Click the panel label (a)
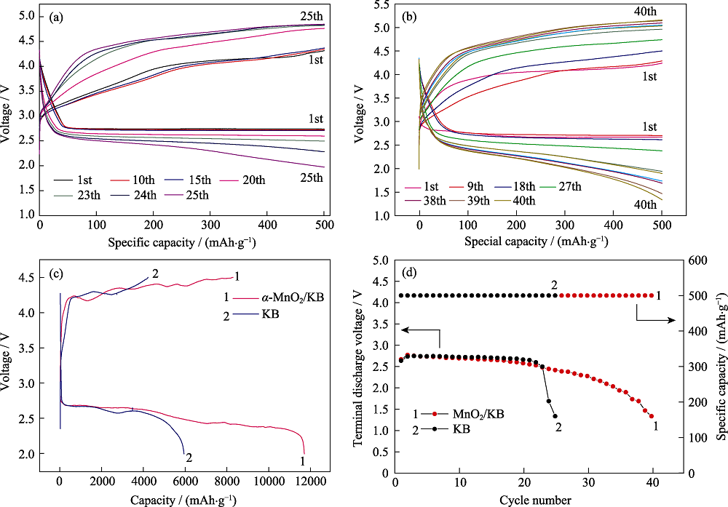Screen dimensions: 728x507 click(x=57, y=18)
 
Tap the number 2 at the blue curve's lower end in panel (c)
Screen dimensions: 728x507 click(x=189, y=458)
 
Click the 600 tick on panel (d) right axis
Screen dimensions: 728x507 click(x=698, y=260)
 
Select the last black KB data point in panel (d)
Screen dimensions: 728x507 click(x=555, y=416)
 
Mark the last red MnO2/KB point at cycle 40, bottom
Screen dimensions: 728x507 click(x=652, y=416)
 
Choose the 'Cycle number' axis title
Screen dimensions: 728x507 click(x=535, y=500)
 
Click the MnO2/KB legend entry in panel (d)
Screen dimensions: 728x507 click(x=458, y=414)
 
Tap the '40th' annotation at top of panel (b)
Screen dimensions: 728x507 click(x=645, y=11)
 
